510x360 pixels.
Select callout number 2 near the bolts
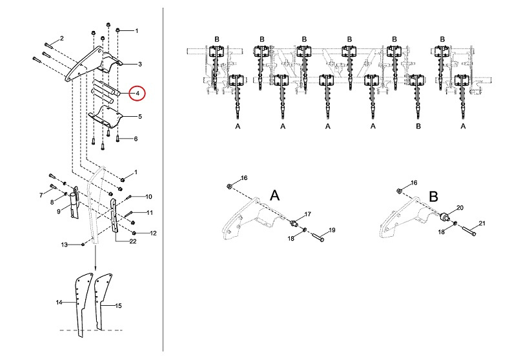point(62,39)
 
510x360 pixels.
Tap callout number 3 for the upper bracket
point(139,64)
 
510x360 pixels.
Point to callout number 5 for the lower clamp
point(139,117)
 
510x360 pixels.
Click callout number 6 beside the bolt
point(136,139)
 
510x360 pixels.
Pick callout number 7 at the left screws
point(41,194)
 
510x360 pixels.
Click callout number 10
point(148,196)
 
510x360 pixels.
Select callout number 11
point(148,212)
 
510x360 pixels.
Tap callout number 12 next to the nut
point(153,232)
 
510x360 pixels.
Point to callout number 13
point(64,245)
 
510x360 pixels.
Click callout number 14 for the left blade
point(59,302)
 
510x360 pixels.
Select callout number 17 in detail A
point(307,213)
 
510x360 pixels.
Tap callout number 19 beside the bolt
point(332,230)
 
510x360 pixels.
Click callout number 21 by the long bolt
point(482,223)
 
